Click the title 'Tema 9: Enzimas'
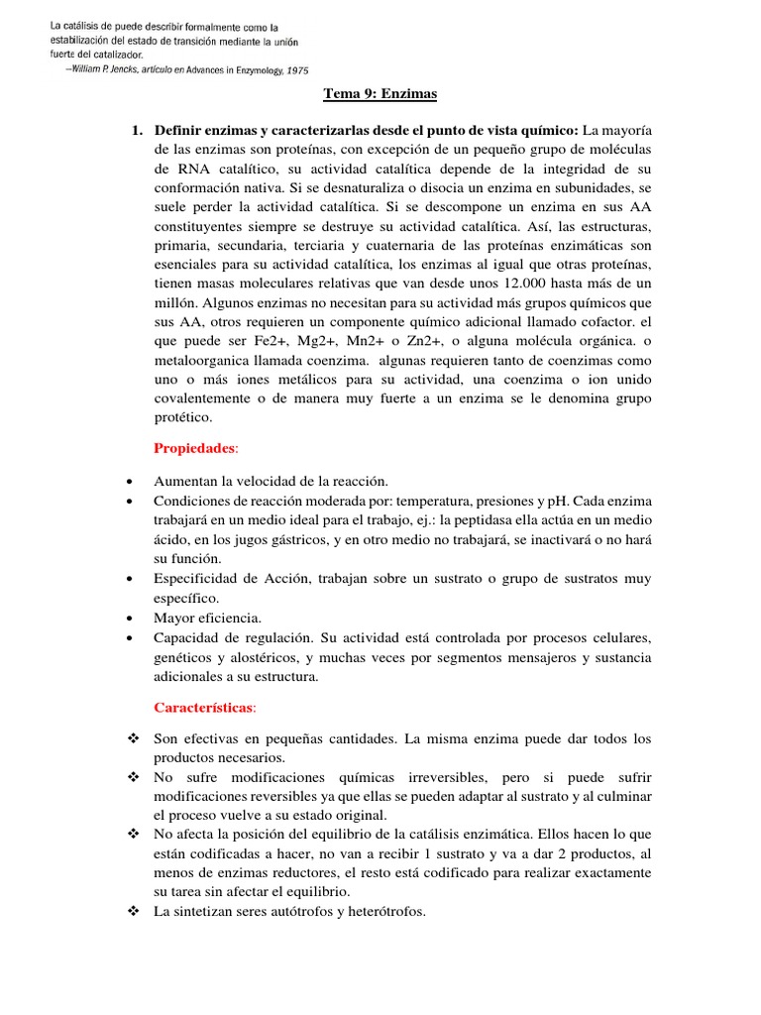coord(380,95)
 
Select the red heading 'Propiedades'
coord(195,449)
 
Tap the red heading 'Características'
coord(204,708)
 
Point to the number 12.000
coord(528,282)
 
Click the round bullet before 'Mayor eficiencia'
coord(131,618)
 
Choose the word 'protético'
coord(182,418)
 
